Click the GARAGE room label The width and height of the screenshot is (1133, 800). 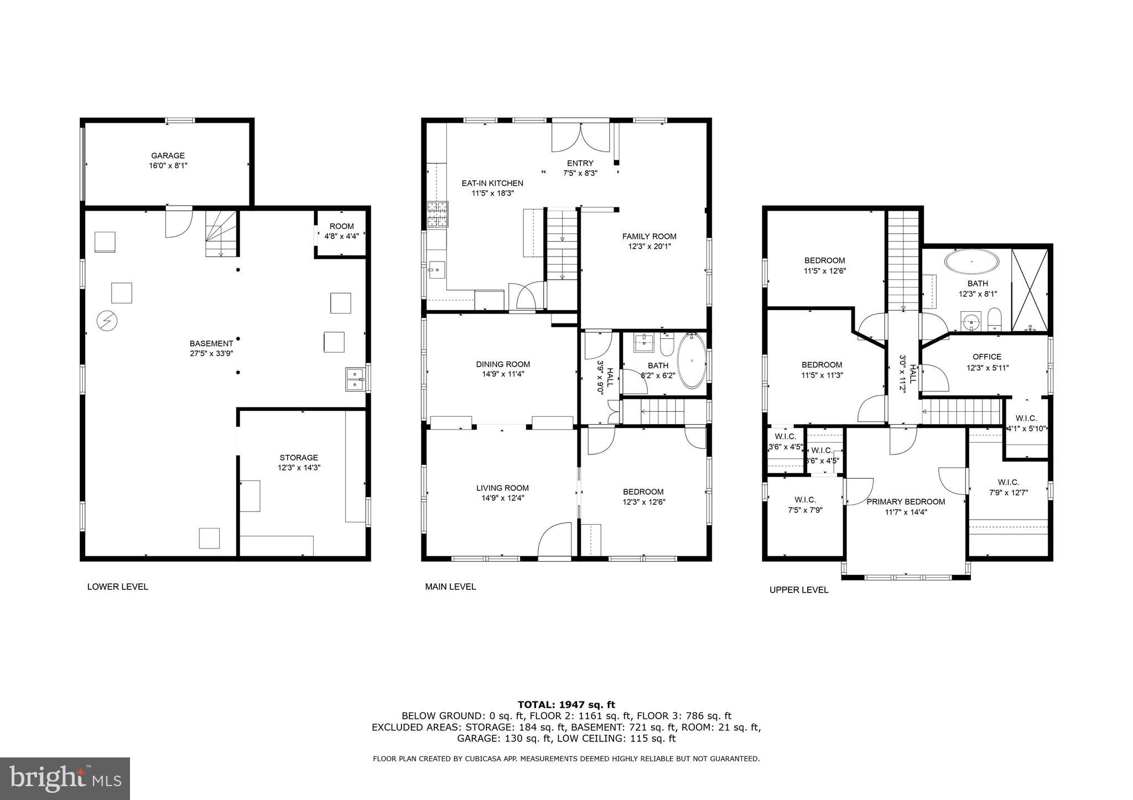pyautogui.click(x=168, y=156)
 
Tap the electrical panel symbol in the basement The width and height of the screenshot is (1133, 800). pyautogui.click(x=107, y=321)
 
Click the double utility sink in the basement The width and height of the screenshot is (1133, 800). pyautogui.click(x=355, y=379)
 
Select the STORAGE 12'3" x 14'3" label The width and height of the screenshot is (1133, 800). pyautogui.click(x=299, y=462)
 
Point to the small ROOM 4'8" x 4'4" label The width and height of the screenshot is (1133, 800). pyautogui.click(x=341, y=231)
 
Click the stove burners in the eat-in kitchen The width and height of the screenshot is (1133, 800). pyautogui.click(x=436, y=215)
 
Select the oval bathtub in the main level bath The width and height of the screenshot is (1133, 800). pyautogui.click(x=692, y=360)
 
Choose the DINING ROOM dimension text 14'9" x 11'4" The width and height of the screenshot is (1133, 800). pyautogui.click(x=503, y=374)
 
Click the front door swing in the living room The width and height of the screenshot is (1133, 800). pyautogui.click(x=554, y=540)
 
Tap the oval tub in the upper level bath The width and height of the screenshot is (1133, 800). pyautogui.click(x=972, y=262)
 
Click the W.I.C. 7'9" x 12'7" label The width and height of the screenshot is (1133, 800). pyautogui.click(x=1008, y=487)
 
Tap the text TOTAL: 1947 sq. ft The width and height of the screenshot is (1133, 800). pyautogui.click(x=566, y=704)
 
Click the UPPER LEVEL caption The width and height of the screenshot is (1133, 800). pyautogui.click(x=799, y=590)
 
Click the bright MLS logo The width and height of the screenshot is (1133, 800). pyautogui.click(x=65, y=779)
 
